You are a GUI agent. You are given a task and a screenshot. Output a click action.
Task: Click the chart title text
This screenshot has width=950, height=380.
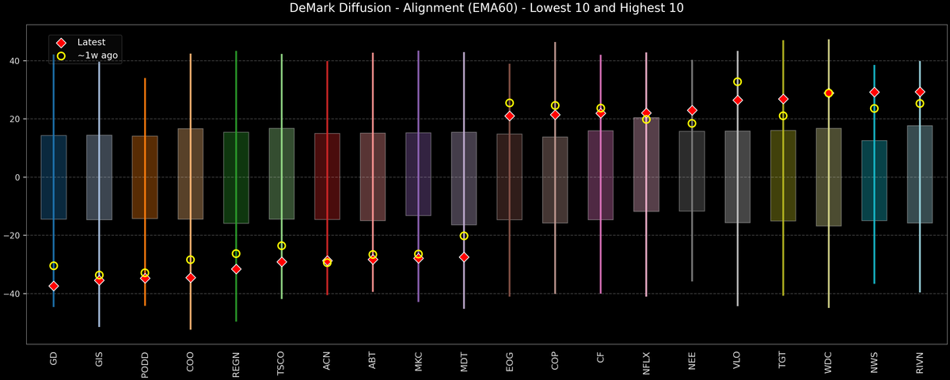point(475,9)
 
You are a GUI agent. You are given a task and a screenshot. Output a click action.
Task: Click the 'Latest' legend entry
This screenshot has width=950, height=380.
point(90,42)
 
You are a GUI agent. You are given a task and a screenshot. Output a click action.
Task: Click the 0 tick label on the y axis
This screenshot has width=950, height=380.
point(17,177)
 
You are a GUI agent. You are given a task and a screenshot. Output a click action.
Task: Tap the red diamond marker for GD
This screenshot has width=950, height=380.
point(53,286)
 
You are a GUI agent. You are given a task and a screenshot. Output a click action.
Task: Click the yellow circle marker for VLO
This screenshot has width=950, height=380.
point(737,82)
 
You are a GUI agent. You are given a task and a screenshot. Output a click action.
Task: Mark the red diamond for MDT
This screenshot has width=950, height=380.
point(464,257)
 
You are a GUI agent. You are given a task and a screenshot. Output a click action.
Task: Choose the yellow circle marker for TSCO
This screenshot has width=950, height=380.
point(281,245)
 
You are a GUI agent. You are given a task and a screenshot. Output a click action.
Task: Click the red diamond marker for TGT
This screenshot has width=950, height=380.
point(783,99)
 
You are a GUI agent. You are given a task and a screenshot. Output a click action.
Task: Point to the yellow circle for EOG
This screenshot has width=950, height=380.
point(509,103)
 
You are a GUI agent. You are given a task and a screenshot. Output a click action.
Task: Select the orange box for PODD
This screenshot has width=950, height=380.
point(144,177)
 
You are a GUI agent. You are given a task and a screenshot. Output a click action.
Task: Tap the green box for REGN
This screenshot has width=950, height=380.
point(236,177)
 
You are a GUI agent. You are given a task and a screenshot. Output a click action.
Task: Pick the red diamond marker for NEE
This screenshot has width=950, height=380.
point(692,110)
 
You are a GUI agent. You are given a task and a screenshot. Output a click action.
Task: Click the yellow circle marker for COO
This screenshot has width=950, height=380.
point(190,260)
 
